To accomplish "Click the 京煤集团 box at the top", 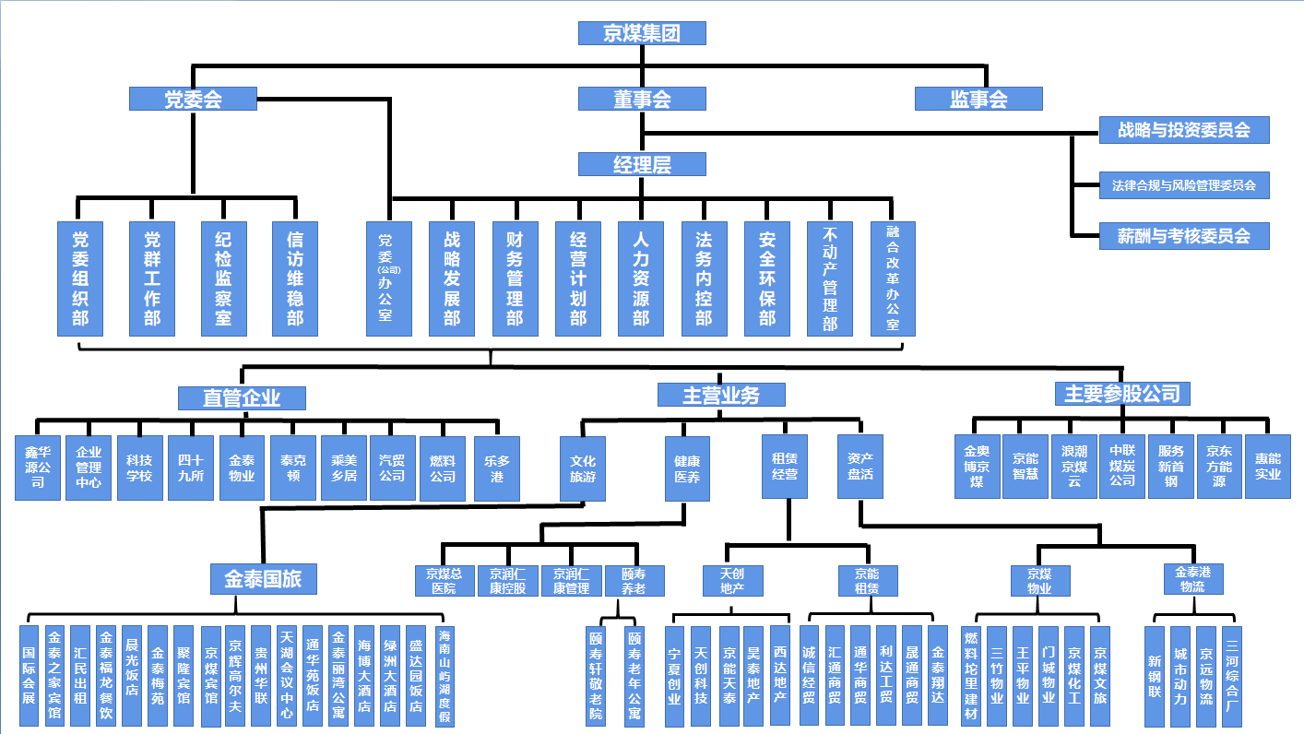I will coord(642,33).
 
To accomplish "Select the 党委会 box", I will coord(193,99).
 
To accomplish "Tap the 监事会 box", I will coord(978,99).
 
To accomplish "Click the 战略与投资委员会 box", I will coord(1184,130).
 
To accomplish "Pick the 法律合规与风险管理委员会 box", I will coord(1184,185).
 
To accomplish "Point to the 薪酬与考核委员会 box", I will coord(1184,236).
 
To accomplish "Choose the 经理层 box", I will coord(642,164).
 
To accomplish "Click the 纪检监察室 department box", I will coord(224,278).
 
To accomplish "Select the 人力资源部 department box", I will coord(641,278).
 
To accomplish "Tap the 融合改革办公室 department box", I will coord(893,278).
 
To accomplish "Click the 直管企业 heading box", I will coord(242,397).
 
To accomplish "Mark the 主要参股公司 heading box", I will coord(1122,394).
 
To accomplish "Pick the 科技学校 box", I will coord(139,468).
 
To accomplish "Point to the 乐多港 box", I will coord(496,468).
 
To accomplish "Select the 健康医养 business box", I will coord(687,468).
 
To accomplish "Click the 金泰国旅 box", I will coord(263,579).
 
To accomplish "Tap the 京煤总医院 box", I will coord(444,581).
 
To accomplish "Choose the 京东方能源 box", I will coord(1219,467).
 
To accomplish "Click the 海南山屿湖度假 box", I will coord(445,677).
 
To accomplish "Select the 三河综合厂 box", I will coord(1233,677).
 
